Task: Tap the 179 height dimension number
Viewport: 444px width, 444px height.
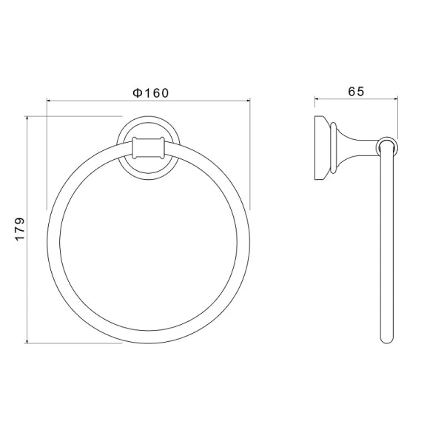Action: (21, 229)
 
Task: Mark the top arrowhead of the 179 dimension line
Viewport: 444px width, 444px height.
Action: (29, 118)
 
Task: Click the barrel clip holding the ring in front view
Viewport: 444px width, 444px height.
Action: (148, 149)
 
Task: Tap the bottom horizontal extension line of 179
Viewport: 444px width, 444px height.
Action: (74, 343)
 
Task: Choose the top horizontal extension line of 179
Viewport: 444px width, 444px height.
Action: (74, 115)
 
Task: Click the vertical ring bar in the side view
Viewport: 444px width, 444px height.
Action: (386, 244)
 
